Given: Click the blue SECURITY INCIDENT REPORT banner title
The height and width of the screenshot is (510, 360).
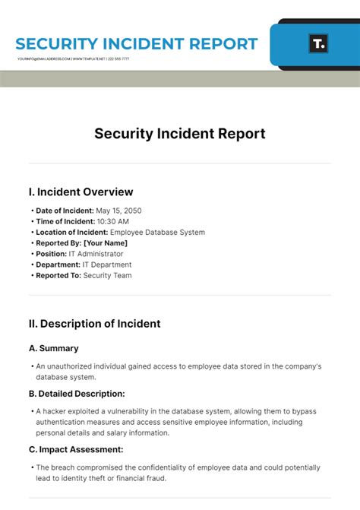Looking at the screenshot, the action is point(137,44).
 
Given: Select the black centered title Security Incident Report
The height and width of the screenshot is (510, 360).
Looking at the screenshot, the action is point(180,134).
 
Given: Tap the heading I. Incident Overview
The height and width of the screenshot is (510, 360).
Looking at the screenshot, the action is point(81,192).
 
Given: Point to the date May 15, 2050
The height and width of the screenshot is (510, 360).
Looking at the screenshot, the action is point(119,211).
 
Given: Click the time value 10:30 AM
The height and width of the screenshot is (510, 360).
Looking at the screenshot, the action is point(112,221).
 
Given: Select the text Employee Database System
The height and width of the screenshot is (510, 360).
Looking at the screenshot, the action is point(157,233).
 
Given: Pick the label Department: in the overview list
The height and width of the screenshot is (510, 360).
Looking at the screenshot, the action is point(57,265).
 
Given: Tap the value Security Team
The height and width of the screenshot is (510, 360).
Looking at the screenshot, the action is point(107,276).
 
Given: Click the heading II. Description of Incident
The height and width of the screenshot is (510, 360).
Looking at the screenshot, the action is point(94,324).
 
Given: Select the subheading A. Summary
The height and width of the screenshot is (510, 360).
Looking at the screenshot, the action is point(53,348).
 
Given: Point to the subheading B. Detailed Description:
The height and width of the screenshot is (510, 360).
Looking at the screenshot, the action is point(77,394).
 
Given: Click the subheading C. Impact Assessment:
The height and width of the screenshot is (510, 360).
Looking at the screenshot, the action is point(76,449).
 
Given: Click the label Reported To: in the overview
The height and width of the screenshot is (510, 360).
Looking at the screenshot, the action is point(58,276).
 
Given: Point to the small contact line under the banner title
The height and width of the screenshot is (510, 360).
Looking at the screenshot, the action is point(73,59).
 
